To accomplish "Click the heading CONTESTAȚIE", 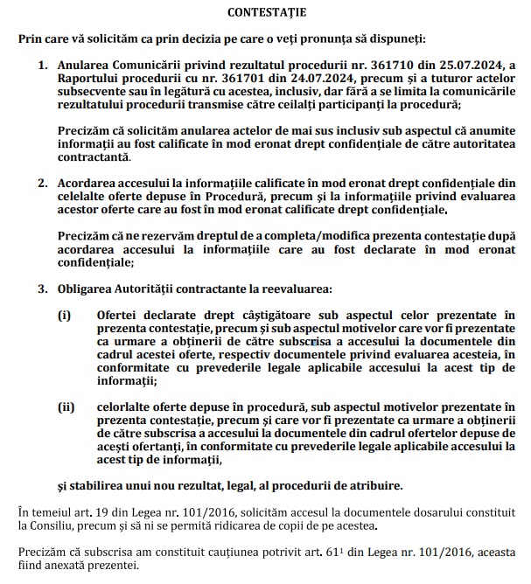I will tap(265, 13).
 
